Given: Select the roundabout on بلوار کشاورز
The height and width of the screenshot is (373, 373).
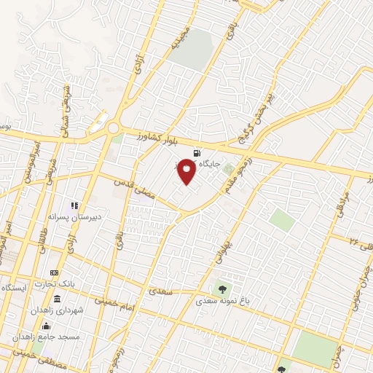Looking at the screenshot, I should coord(114,129).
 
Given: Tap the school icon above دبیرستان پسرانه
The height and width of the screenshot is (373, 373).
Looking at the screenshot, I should coord(74,205).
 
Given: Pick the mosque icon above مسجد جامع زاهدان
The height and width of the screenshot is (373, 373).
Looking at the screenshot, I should coord(47,326).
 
